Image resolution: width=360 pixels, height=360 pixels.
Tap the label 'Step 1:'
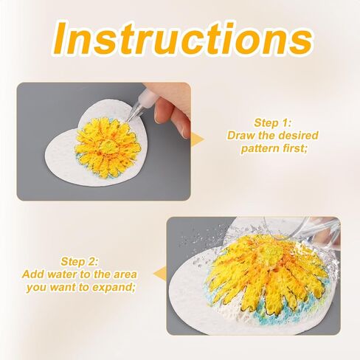pyautogui.click(x=272, y=122)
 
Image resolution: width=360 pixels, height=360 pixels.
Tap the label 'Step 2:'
pyautogui.click(x=79, y=261)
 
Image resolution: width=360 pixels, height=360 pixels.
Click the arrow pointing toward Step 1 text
pyautogui.click(x=197, y=139)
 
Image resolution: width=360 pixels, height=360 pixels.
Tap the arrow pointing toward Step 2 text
pyautogui.click(x=160, y=274)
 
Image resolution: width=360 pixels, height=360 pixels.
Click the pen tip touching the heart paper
pyautogui.click(x=128, y=120)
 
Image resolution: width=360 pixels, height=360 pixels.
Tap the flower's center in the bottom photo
pyautogui.click(x=269, y=253)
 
